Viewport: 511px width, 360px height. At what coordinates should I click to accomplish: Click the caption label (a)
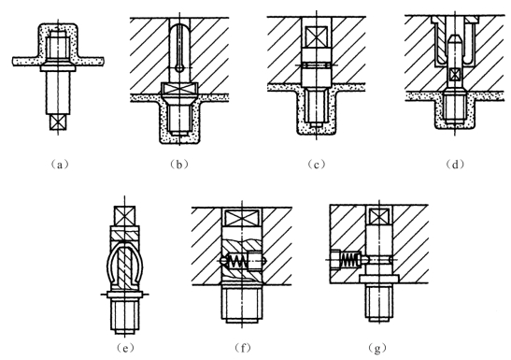click(x=60, y=165)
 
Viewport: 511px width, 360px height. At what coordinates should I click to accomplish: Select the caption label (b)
click(x=179, y=165)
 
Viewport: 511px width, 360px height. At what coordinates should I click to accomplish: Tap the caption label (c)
click(x=316, y=165)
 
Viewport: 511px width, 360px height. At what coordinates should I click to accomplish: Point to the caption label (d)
click(x=455, y=165)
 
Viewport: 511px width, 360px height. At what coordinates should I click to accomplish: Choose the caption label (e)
click(x=125, y=348)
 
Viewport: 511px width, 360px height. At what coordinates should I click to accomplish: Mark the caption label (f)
click(x=243, y=348)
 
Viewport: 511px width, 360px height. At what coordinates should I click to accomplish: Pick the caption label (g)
click(x=377, y=348)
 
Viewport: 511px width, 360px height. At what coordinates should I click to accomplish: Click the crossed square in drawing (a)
click(x=58, y=122)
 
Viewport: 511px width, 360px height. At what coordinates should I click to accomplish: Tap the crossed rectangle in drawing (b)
click(x=179, y=89)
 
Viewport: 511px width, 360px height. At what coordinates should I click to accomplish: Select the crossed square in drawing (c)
click(x=317, y=37)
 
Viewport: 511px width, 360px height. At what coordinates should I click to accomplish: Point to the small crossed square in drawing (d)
click(x=454, y=75)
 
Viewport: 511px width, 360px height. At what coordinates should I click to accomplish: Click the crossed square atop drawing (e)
click(x=125, y=216)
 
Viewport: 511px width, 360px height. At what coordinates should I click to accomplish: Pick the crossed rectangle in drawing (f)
click(x=242, y=218)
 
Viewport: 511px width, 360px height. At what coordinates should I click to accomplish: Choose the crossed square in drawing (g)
click(x=379, y=216)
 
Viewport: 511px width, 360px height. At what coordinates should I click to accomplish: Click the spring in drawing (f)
click(x=237, y=261)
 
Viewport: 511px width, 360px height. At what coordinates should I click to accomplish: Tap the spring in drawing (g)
click(x=350, y=260)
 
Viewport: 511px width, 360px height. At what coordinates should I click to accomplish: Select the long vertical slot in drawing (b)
click(x=179, y=48)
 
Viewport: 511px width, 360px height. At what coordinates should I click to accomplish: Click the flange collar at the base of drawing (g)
click(x=379, y=279)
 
